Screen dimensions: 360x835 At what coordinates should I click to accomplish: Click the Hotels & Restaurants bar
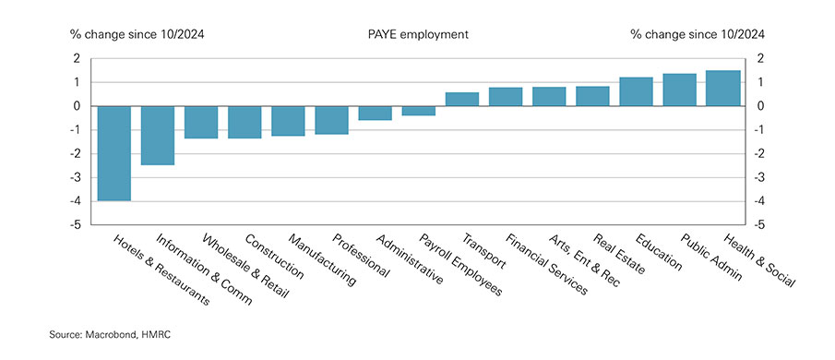tap(114, 153)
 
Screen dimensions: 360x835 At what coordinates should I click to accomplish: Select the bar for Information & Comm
tap(158, 136)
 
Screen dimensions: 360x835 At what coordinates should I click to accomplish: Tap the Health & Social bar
tap(722, 89)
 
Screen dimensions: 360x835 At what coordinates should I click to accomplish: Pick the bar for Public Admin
tap(679, 90)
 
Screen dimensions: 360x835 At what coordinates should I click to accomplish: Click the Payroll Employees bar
tap(418, 111)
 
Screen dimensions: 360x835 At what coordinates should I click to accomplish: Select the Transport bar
tap(461, 99)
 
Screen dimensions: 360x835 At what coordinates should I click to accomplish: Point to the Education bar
tap(636, 91)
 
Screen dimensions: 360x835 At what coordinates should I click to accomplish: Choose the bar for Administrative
tap(375, 113)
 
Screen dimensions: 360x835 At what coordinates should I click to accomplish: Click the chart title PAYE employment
tap(417, 34)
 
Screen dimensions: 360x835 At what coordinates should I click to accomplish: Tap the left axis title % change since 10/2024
tap(137, 34)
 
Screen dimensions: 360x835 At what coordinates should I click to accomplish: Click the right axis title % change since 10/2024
tap(698, 34)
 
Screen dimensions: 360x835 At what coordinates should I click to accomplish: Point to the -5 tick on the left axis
tap(77, 224)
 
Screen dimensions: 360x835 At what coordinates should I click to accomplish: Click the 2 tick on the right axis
tap(759, 58)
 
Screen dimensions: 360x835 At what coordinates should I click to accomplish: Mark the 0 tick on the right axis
tap(759, 106)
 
